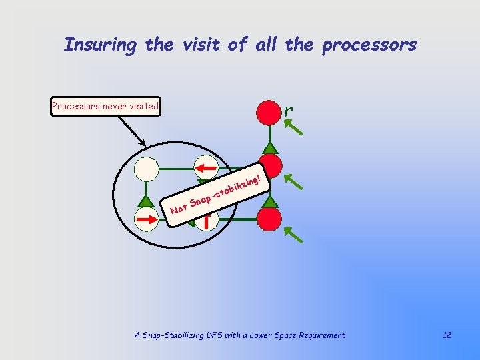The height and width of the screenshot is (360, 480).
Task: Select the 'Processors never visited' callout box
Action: click(x=106, y=106)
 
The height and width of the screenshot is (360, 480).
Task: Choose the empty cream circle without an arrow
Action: click(x=146, y=168)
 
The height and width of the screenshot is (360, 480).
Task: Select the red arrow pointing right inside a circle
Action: click(x=146, y=218)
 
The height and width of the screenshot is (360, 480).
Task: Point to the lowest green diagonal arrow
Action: click(x=293, y=233)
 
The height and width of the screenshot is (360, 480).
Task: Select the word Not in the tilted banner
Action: click(x=178, y=211)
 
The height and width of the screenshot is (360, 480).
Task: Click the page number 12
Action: click(x=447, y=335)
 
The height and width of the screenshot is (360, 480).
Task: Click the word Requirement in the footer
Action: click(x=322, y=335)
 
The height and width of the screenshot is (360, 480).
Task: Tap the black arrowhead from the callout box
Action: click(x=143, y=142)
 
